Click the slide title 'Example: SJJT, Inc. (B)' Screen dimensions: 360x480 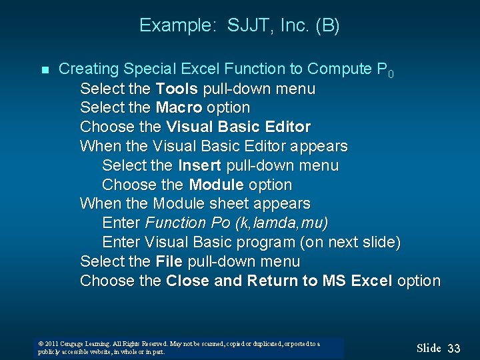[x=239, y=26]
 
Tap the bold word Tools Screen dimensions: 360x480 [x=176, y=88]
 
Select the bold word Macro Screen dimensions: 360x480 [x=179, y=107]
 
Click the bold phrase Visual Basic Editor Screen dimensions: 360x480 [x=238, y=127]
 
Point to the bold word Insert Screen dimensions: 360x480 [x=200, y=165]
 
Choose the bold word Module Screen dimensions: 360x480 [x=216, y=185]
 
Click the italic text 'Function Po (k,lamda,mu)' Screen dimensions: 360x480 [x=236, y=223]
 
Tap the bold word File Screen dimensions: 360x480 [x=169, y=261]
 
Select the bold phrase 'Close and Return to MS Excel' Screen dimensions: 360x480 [x=279, y=281]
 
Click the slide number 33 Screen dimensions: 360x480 [x=454, y=348]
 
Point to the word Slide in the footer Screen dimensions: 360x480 [x=429, y=348]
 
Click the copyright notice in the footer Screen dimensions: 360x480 [x=179, y=347]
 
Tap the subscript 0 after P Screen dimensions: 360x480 [x=391, y=73]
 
